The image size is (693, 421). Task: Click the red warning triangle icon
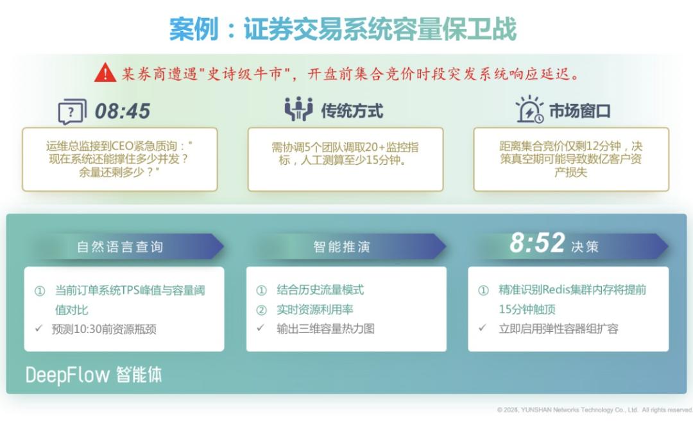coord(105,73)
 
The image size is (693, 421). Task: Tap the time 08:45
coord(123,111)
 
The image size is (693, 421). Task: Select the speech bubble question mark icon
coord(72,112)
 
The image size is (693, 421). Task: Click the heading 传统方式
coord(352,111)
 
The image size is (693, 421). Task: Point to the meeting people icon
coord(298,109)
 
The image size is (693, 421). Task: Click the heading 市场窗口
coord(579,111)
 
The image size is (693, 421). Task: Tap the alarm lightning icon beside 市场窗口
coord(529,109)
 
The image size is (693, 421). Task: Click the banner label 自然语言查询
coord(120,247)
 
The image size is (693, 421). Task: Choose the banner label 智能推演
coord(341,247)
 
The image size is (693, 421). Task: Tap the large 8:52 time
coord(537,243)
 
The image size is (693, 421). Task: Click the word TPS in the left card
coord(130,290)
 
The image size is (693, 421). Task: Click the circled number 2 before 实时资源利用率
coord(261,310)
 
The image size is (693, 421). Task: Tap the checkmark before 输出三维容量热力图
coord(261,328)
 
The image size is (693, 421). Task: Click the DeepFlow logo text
coord(67,375)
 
